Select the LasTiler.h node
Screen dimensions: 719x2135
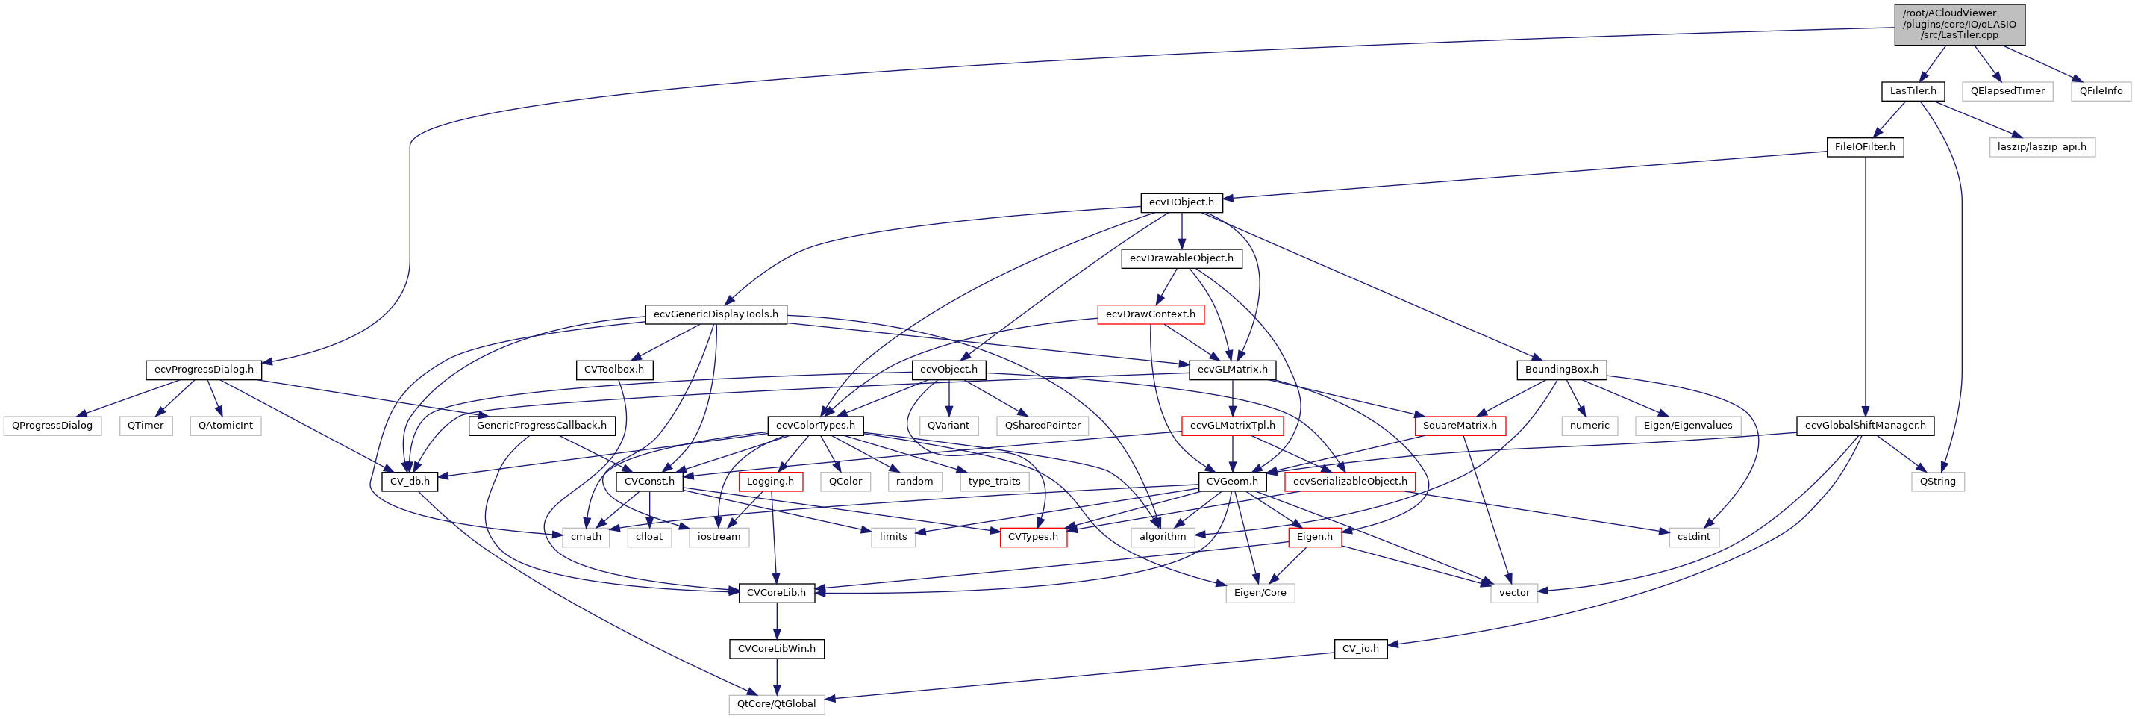(x=1912, y=90)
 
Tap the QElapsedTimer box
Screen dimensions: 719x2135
(x=2007, y=90)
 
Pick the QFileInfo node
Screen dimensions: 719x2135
(x=2100, y=90)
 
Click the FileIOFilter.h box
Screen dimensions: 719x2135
(x=1865, y=147)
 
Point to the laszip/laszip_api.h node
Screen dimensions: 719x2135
(x=2041, y=147)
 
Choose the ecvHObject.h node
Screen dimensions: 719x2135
(x=1181, y=202)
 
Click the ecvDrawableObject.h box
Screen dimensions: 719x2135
(x=1181, y=258)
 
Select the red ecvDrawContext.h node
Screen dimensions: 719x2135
(x=1151, y=314)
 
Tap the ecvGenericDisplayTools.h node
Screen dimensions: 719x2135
(x=715, y=314)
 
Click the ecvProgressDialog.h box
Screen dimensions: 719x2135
(x=204, y=370)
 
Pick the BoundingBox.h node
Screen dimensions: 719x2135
(x=1561, y=370)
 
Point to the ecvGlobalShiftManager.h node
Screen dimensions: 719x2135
(x=1865, y=426)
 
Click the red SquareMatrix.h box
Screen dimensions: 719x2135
(x=1460, y=426)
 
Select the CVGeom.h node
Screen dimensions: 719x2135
(x=1231, y=481)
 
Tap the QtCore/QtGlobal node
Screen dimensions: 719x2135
(x=777, y=704)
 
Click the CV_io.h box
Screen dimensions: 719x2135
(x=1360, y=649)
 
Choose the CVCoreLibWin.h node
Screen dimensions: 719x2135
(x=777, y=649)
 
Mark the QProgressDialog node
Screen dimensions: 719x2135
(x=52, y=426)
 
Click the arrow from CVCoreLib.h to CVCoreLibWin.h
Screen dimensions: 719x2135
(x=777, y=620)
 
